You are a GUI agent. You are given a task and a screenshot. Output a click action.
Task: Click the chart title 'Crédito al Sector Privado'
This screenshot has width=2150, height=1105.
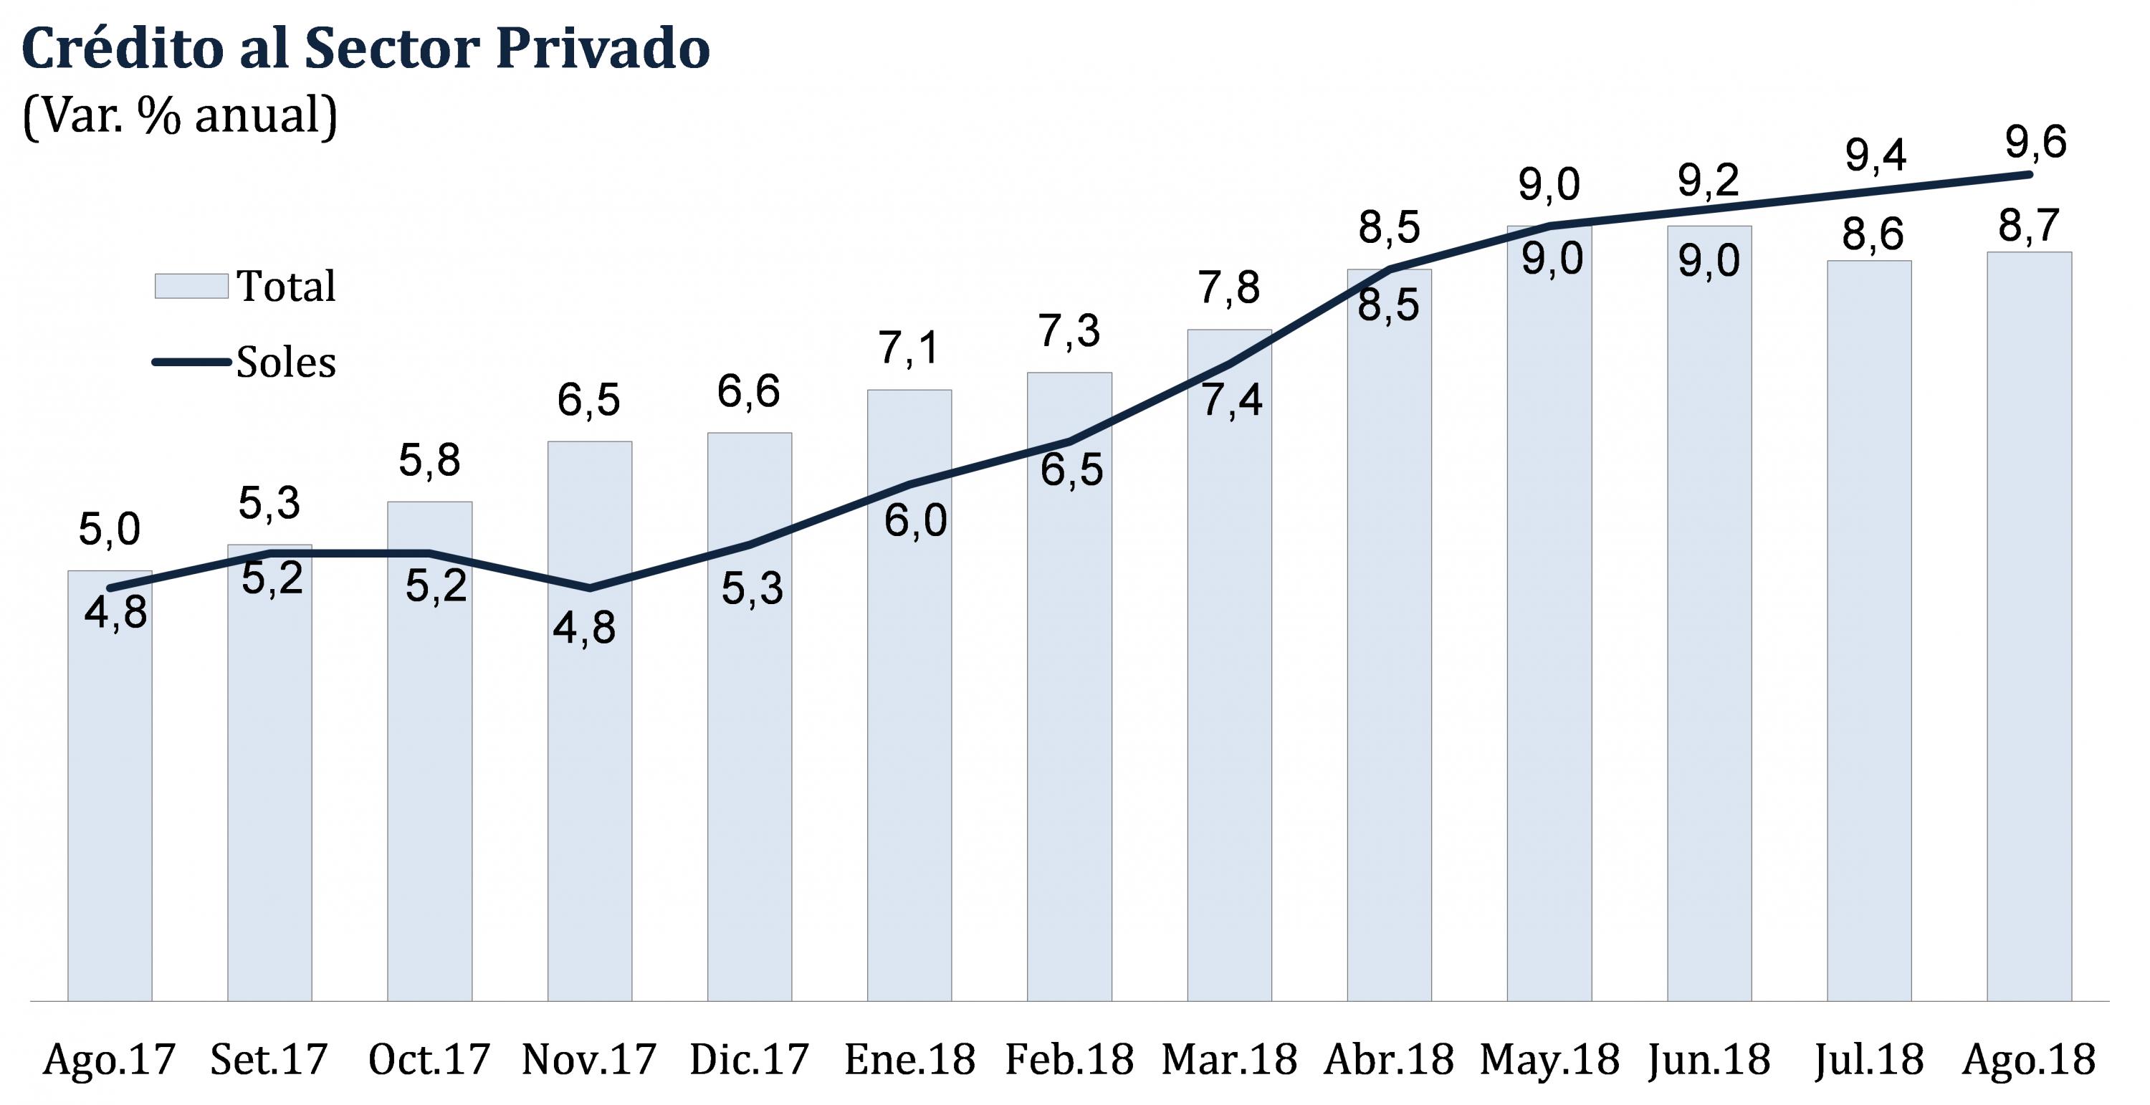[365, 49]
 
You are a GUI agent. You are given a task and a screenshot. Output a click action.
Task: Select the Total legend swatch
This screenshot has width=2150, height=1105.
[191, 286]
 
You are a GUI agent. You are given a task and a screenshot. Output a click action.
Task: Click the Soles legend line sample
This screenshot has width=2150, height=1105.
[191, 362]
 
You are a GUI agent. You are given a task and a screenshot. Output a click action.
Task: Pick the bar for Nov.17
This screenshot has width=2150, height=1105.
[589, 751]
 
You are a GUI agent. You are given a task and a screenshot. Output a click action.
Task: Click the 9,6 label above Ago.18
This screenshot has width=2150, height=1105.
[2035, 143]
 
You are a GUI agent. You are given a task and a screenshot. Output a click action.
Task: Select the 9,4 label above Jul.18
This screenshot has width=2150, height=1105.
[1876, 156]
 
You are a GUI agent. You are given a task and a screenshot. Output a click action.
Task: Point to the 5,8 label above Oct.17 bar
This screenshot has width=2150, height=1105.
[429, 460]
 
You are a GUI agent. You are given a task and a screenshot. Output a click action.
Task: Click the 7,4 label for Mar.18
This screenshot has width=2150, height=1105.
[1231, 401]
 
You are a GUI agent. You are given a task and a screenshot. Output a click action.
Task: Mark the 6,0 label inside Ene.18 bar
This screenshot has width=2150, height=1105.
[914, 521]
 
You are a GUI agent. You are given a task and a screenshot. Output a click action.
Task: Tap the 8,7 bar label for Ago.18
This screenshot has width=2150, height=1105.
[2029, 225]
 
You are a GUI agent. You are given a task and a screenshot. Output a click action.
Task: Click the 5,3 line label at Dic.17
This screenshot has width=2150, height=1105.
[752, 588]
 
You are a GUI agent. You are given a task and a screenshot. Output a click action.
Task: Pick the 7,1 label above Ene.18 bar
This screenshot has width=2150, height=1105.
[909, 348]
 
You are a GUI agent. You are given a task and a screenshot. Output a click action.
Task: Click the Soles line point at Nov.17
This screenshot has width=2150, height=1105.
[590, 588]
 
